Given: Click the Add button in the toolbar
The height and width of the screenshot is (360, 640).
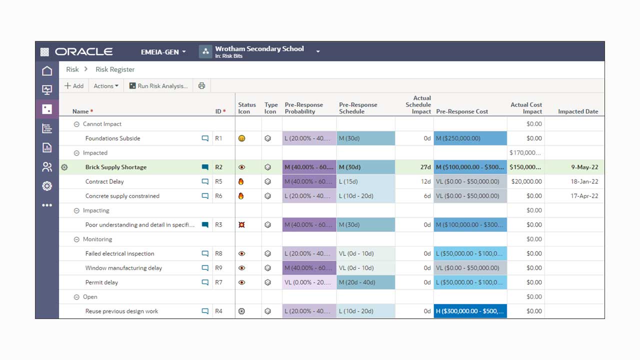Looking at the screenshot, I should pos(74,86).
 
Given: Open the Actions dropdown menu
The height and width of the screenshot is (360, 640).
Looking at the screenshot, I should pos(106,86).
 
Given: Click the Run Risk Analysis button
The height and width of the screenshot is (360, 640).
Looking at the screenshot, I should pos(158,86).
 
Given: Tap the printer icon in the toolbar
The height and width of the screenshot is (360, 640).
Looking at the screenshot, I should pos(201,86).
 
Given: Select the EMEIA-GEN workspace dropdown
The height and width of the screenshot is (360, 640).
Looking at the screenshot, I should pos(163,52).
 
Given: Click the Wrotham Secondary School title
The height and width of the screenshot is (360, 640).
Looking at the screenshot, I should pos(259,49).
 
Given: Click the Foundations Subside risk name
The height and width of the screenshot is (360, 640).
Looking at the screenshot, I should pos(112,138).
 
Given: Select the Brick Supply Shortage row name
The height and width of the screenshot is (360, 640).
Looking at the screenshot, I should pos(116,167).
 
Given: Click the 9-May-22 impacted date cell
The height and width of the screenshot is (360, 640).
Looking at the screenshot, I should pos(584,167).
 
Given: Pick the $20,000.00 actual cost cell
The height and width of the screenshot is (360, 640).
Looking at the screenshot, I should pos(526,182).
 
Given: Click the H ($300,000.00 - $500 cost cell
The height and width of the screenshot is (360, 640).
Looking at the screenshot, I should pos(469,311).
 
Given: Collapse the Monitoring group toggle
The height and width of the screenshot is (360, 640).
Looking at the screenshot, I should pos(76,239).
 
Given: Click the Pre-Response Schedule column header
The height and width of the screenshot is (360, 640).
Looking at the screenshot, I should pos(358,108).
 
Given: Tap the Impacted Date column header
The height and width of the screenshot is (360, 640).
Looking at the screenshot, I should pos(578,111).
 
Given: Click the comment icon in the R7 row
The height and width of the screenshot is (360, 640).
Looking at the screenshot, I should pos(205,282).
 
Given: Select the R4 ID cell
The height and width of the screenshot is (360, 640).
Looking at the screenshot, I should pos(218,311).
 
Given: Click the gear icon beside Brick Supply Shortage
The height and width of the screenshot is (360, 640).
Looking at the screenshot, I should pos(64,167).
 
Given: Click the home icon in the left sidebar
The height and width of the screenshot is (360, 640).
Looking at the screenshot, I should pos(47,71).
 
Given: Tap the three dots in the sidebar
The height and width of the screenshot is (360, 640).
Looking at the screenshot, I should pos(47,205).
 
